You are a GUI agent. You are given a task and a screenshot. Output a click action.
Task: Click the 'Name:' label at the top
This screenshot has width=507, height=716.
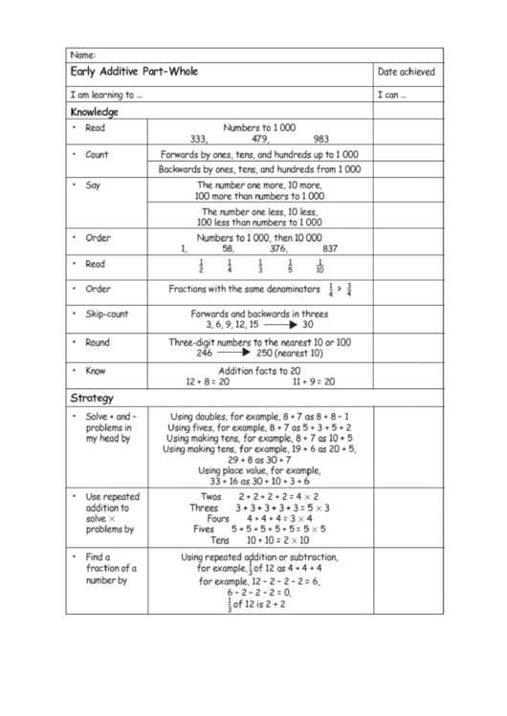[x=83, y=54]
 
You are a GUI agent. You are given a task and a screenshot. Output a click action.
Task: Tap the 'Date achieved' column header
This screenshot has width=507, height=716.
[x=406, y=72]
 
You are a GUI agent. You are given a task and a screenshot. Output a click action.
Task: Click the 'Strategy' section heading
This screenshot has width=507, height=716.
[x=92, y=397]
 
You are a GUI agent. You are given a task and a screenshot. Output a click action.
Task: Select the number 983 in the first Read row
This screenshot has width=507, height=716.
[x=321, y=139]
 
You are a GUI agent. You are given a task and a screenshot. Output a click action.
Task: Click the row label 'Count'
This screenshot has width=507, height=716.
[x=97, y=154]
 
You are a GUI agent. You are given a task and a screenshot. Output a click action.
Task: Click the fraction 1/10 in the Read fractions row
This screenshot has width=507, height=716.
[x=320, y=266]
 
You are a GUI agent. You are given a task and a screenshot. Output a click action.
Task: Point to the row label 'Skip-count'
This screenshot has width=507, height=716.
[x=106, y=314]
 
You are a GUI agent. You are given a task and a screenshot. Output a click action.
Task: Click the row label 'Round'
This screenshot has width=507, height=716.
[x=98, y=342]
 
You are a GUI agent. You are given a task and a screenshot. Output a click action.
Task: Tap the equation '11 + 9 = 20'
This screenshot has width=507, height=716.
[x=313, y=380]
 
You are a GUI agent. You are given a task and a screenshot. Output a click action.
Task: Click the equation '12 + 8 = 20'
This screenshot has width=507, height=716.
[x=208, y=380]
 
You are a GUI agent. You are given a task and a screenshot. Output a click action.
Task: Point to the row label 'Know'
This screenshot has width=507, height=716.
[x=96, y=370]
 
